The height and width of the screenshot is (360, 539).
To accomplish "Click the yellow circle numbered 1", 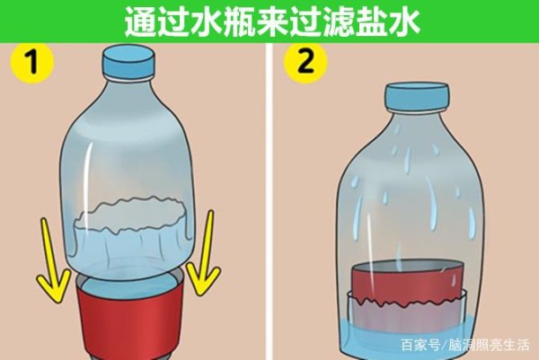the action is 32,63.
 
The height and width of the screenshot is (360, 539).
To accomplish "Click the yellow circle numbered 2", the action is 305,63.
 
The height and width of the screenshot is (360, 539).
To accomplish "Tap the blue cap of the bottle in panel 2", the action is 418,96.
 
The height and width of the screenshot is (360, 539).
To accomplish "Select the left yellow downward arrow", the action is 51,261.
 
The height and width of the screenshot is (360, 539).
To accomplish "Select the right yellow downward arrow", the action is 204,254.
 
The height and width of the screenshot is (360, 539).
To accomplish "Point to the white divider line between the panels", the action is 269,201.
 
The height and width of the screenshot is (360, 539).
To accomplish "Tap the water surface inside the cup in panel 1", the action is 128,286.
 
